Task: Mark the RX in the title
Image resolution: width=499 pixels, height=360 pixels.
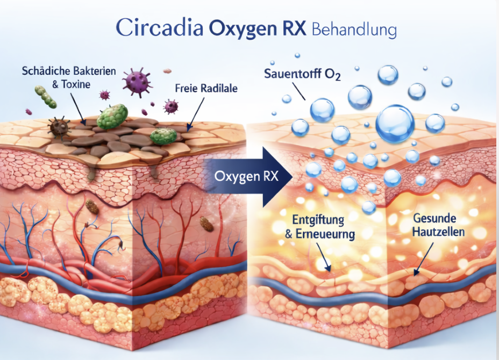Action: (293, 29)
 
